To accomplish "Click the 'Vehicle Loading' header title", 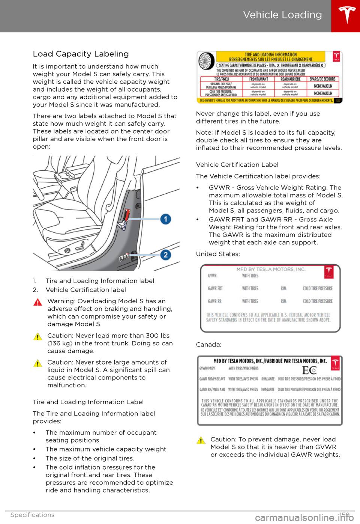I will (x=282, y=15).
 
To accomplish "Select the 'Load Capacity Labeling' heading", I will (x=81, y=54).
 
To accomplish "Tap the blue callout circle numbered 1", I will (x=166, y=219).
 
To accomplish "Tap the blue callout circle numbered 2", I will (x=166, y=255).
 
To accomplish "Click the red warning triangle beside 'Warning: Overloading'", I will (x=38, y=302).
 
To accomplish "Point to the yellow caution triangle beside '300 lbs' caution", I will (x=38, y=337).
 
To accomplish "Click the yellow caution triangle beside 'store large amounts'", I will (x=38, y=363).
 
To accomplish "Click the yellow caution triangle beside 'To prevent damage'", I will (x=201, y=440).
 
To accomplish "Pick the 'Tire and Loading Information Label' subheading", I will (x=88, y=402).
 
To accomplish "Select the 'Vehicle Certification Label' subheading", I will (x=237, y=165).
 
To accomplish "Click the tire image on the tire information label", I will (x=206, y=61).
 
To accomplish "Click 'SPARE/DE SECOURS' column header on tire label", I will (x=322, y=79).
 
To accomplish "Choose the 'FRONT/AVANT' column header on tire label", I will (x=259, y=79).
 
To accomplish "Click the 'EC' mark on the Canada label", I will (x=310, y=370).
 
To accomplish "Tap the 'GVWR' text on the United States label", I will (x=212, y=276).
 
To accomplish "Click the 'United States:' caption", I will (x=218, y=254).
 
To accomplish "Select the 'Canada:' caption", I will (x=208, y=345).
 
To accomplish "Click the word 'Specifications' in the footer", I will (x=32, y=515).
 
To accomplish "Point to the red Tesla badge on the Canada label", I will (x=335, y=363).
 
